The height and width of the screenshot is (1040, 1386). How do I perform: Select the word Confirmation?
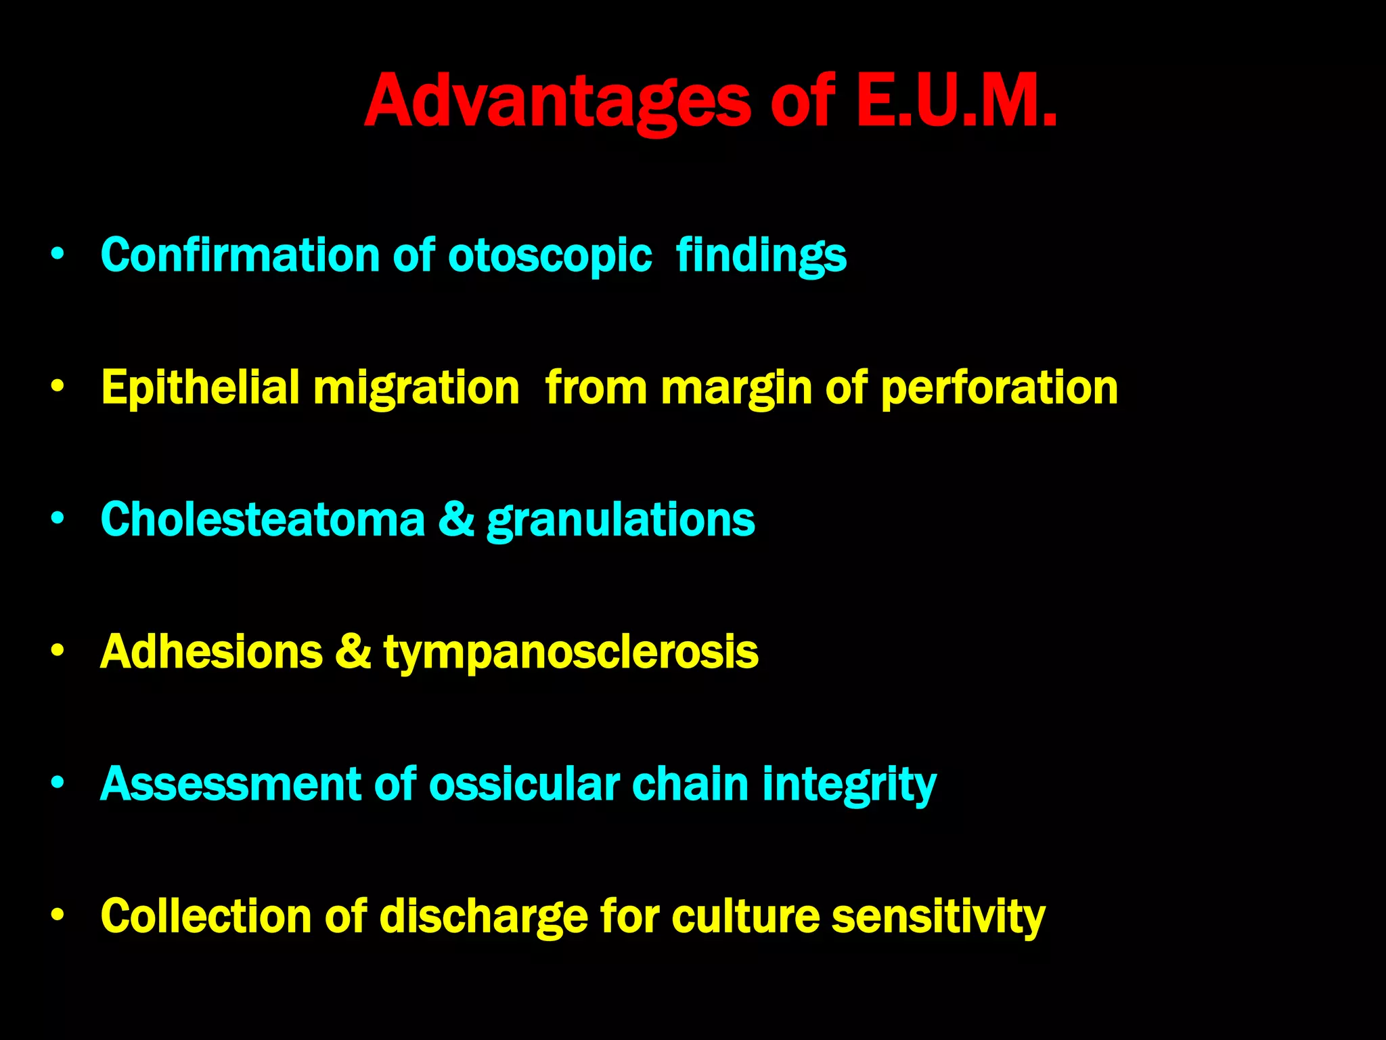pos(240,255)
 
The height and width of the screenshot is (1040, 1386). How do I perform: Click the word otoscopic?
pos(550,257)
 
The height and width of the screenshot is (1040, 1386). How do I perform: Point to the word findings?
pos(761,257)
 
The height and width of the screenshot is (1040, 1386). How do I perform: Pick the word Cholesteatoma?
pos(263,519)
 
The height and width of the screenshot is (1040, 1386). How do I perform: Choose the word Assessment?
pos(230,784)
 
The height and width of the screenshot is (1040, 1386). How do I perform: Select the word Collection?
pos(206,915)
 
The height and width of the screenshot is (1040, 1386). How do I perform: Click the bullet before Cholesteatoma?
pos(58,519)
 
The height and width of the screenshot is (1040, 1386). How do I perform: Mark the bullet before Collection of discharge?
pos(58,915)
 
